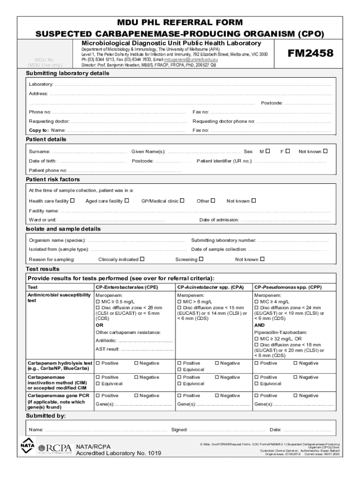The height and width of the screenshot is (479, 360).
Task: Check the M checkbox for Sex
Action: tap(267, 151)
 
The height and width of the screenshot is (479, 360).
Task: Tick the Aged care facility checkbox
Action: tap(127, 201)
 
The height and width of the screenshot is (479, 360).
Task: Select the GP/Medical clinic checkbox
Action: tap(182, 201)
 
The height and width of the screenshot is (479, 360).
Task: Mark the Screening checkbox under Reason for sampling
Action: tap(201, 259)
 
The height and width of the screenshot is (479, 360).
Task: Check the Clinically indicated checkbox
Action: tap(142, 259)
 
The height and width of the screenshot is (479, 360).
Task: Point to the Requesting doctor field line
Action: tap(128, 122)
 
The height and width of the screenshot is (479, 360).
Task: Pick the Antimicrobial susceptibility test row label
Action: tap(59, 298)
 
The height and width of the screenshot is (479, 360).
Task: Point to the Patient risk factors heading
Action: tap(53, 180)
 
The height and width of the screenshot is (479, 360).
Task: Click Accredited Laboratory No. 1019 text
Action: tap(118, 453)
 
